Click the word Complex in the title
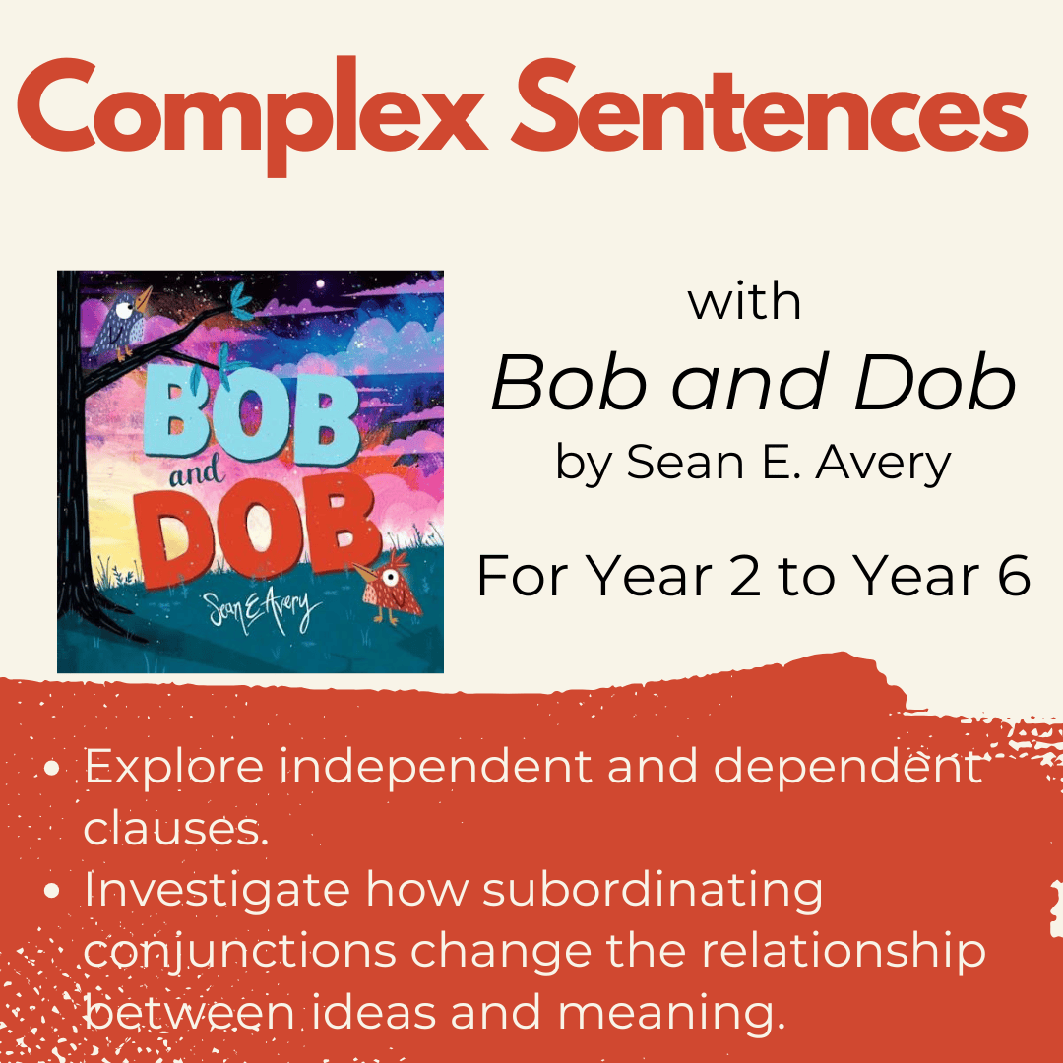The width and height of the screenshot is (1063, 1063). pos(252,114)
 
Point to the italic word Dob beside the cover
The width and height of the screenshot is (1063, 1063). pos(936,382)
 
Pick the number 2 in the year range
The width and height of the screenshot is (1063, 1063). pos(746,576)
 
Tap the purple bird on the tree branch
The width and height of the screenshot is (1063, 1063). pos(122,322)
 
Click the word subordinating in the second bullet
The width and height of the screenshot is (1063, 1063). pos(653,891)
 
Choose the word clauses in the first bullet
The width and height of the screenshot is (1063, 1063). pos(176,829)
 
